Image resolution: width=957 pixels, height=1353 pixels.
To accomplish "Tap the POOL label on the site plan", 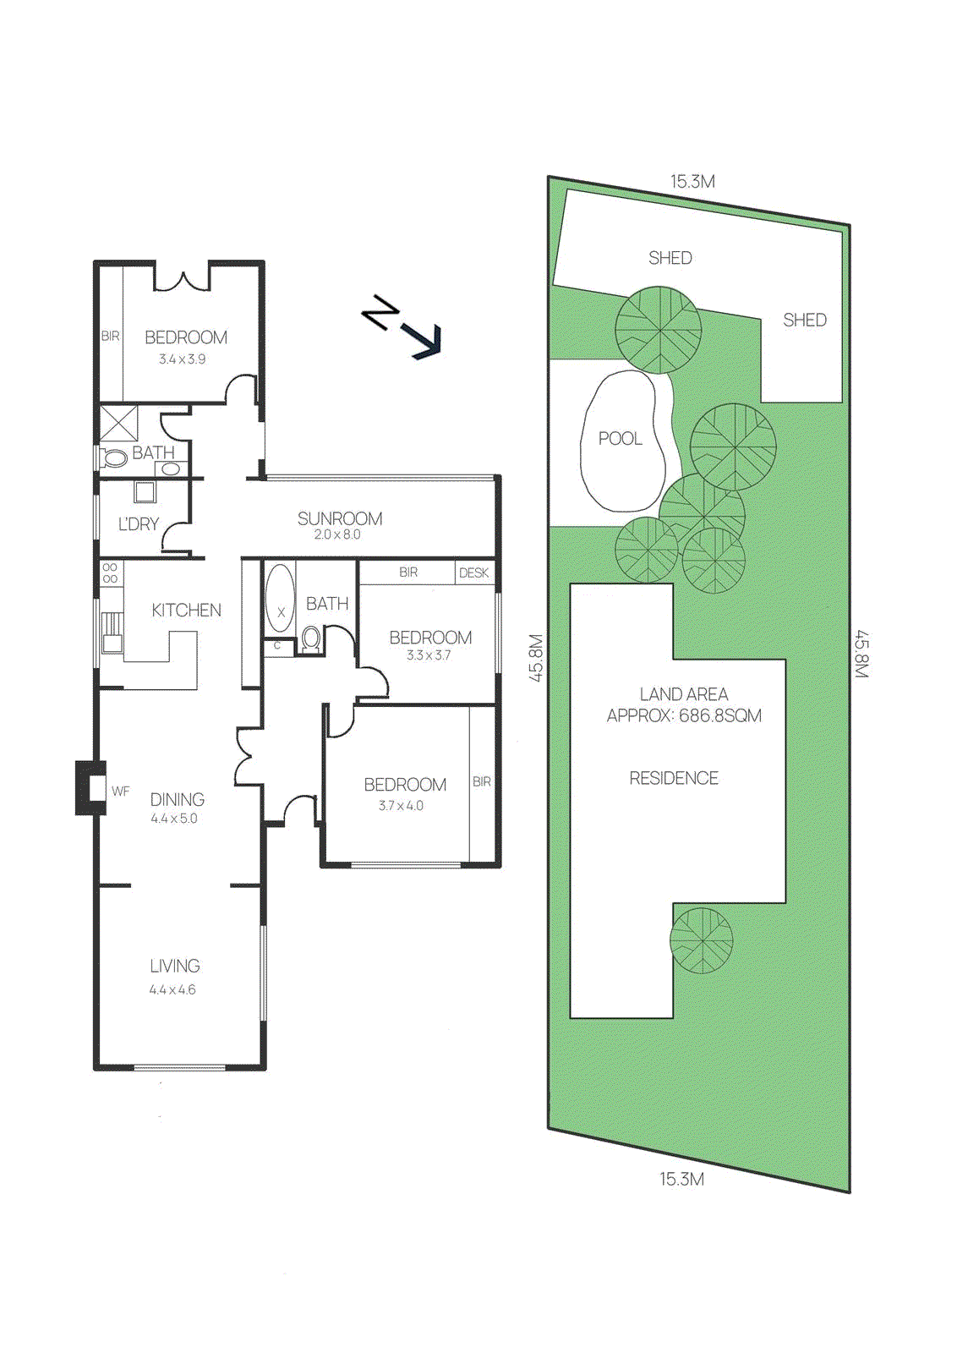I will pyautogui.click(x=620, y=439).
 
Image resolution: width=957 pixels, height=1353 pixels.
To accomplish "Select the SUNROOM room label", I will pyautogui.click(x=340, y=518).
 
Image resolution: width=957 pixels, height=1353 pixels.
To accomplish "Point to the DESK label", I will pyautogui.click(x=473, y=572).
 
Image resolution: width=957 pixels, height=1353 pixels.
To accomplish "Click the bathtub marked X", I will pyautogui.click(x=281, y=600).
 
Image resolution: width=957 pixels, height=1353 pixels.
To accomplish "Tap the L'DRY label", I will pyautogui.click(x=139, y=524).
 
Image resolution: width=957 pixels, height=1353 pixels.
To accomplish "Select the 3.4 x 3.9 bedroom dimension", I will pyautogui.click(x=182, y=359).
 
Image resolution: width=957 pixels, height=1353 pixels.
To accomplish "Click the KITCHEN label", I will pyautogui.click(x=186, y=610).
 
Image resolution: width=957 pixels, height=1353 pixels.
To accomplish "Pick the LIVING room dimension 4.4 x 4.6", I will pyautogui.click(x=172, y=989).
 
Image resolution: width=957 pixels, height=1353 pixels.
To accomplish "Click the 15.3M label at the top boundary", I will pyautogui.click(x=692, y=181).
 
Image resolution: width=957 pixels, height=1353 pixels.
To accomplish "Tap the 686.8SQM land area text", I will pyautogui.click(x=720, y=716).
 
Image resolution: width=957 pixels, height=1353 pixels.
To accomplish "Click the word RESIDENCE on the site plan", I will pyautogui.click(x=674, y=778).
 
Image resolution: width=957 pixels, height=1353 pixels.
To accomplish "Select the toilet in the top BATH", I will pyautogui.click(x=113, y=458).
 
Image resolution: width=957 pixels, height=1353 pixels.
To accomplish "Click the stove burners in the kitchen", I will pyautogui.click(x=111, y=573).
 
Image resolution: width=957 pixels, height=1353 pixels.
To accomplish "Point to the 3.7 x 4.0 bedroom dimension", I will pyautogui.click(x=401, y=806).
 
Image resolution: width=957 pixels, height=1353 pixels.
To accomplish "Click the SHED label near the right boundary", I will pyautogui.click(x=804, y=320).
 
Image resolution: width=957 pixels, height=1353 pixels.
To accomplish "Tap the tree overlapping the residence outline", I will pyautogui.click(x=702, y=940).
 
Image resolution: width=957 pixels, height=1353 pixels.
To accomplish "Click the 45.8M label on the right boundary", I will pyautogui.click(x=861, y=654).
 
